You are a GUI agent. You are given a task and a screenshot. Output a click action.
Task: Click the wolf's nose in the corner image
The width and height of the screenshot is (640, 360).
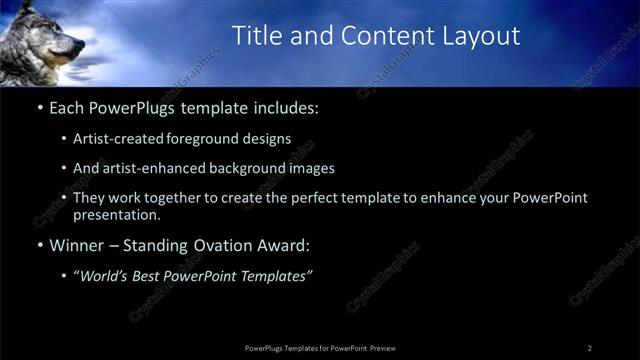pos(81,45)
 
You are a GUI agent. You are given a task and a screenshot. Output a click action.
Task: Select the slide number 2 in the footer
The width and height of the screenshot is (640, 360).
pos(590,348)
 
